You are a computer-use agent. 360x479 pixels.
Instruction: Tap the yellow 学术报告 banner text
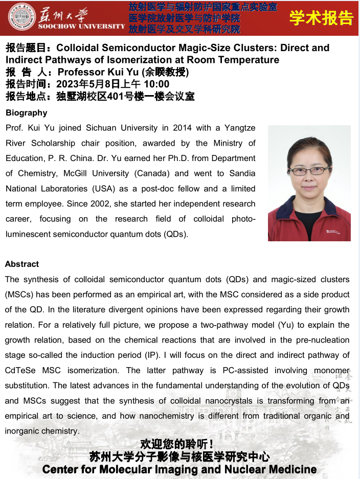321,17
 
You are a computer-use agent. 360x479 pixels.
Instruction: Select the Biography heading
26,113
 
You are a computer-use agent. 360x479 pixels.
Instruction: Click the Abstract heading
22,264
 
